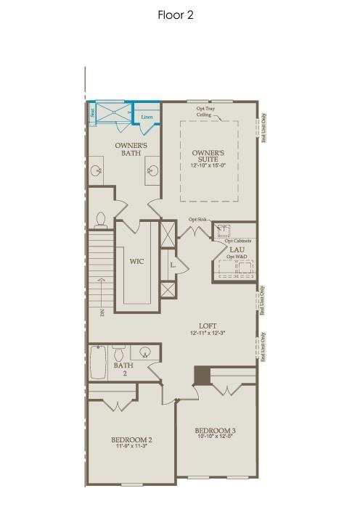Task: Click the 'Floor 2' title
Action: pyautogui.click(x=175, y=14)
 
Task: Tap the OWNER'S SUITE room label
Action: pyautogui.click(x=208, y=157)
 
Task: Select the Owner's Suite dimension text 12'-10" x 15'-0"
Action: pyautogui.click(x=208, y=166)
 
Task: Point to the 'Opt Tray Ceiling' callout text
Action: pyautogui.click(x=205, y=112)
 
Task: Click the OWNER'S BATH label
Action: pyautogui.click(x=131, y=149)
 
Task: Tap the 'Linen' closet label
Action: pyautogui.click(x=147, y=116)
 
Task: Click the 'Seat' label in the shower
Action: pyautogui.click(x=92, y=113)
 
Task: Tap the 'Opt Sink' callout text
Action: pyautogui.click(x=197, y=219)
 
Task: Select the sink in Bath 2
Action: pyautogui.click(x=146, y=353)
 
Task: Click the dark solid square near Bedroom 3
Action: pyautogui.click(x=202, y=375)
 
